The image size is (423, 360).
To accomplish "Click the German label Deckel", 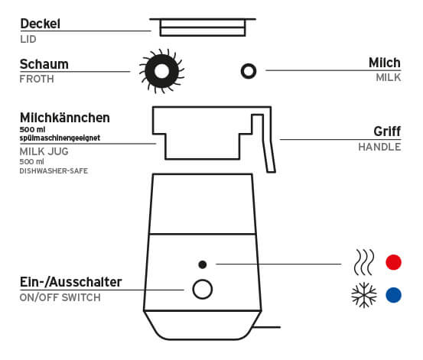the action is (41, 24).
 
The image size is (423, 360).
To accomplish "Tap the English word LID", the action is (28, 40).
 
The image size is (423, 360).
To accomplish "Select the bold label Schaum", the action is (44, 64).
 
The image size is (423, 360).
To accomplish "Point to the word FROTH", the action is (37, 79).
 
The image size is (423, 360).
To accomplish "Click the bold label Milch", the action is (385, 63).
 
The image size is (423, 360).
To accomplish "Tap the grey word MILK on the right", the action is (389, 78).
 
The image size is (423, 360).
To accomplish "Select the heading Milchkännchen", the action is (65, 118).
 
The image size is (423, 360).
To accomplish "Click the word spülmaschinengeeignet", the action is (60, 138).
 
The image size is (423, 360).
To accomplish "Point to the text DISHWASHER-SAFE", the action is (54, 171).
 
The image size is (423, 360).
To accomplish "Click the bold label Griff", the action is (387, 132).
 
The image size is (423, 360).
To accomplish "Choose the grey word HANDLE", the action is (379, 148).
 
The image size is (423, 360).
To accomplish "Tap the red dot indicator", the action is (394, 262).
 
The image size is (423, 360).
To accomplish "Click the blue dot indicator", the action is (394, 295).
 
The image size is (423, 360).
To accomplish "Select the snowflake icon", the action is (364, 295).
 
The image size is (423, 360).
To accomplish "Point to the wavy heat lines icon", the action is (364, 262).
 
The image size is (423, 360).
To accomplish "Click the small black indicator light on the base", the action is (203, 264).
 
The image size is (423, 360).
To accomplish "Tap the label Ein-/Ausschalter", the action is (70, 282).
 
